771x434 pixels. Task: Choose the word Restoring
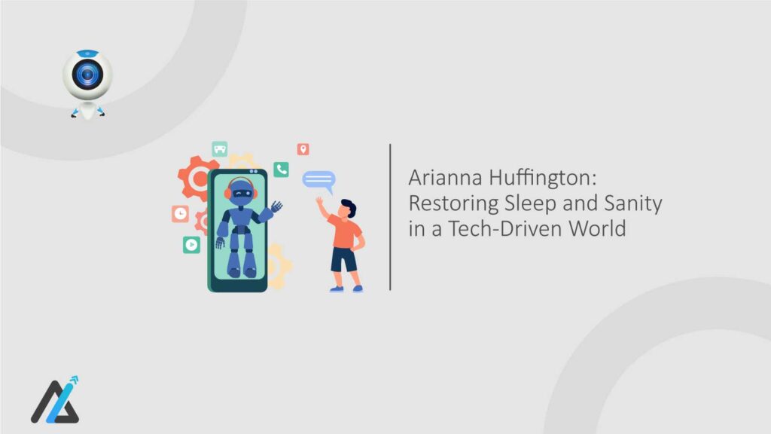click(x=449, y=203)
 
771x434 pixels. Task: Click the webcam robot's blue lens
click(x=87, y=75)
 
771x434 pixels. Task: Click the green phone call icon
click(x=282, y=170)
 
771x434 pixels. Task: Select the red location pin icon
click(x=303, y=149)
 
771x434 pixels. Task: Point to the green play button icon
click(x=191, y=244)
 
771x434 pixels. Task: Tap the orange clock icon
click(x=180, y=214)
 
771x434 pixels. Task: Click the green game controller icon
click(x=220, y=148)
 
